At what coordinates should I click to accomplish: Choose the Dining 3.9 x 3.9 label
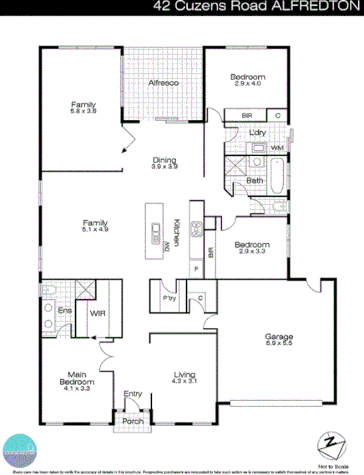(x=164, y=163)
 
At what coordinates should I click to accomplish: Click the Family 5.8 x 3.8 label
(x=83, y=107)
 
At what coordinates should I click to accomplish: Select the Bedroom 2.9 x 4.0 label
(x=247, y=80)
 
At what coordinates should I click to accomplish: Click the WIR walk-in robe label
(x=97, y=314)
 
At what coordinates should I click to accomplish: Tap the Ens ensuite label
(x=63, y=310)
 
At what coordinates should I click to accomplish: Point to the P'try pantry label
(x=168, y=297)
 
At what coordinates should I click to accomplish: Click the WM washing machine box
(x=276, y=148)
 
